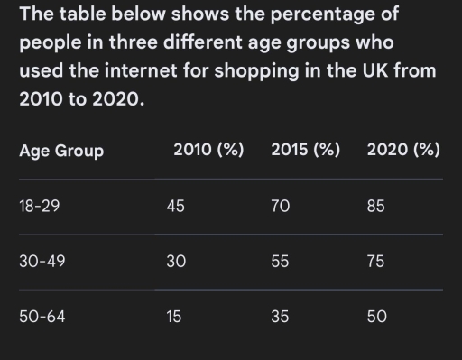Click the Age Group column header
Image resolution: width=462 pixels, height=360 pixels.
61,151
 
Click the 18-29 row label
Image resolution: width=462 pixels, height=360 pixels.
40,207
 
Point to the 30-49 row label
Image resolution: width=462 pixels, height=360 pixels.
42,262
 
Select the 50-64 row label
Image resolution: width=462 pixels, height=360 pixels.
42,317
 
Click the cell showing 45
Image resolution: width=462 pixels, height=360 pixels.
176,207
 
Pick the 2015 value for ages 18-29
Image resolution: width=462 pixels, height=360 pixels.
280,207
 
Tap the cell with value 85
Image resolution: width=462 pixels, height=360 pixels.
375,207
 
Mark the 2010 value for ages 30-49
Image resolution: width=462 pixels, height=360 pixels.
176,262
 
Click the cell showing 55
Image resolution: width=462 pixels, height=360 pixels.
280,262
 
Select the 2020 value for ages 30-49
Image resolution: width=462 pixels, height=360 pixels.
375,262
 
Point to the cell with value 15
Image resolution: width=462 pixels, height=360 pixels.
175,317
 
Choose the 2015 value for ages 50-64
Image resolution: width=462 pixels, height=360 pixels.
280,317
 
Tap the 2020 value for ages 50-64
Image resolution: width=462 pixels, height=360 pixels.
375,317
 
